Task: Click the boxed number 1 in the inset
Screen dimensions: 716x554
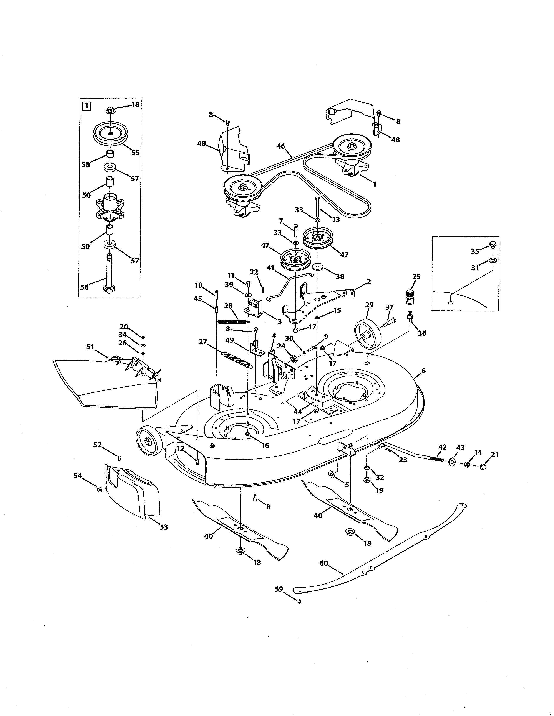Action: coord(86,106)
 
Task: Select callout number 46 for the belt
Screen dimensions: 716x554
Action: coord(281,146)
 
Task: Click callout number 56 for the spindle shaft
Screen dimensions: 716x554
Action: coord(84,287)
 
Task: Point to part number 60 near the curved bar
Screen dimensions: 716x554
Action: coord(324,563)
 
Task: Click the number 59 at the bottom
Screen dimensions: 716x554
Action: coord(279,589)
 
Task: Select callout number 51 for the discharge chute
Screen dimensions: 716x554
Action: coord(90,347)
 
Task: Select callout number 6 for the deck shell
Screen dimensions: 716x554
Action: coord(423,371)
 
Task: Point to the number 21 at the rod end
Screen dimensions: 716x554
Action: coord(495,454)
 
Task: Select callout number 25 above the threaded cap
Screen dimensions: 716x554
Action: coord(416,277)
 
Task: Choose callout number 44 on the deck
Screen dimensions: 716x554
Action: coord(298,412)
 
